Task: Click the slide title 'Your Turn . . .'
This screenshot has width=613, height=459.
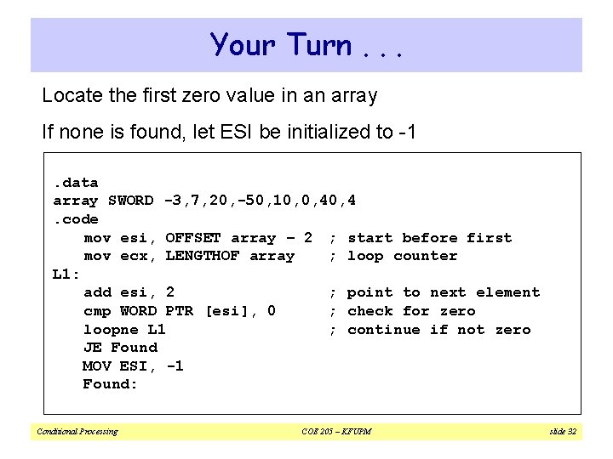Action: [306, 44]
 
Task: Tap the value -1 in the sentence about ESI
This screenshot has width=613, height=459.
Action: [404, 132]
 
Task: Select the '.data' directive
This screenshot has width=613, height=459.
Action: [75, 183]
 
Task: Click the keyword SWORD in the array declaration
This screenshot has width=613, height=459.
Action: [132, 201]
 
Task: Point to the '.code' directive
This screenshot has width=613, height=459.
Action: [75, 219]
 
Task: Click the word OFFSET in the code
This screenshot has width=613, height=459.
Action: [193, 238]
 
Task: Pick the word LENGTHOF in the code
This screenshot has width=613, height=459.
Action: [202, 256]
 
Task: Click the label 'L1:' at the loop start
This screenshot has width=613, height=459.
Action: [66, 275]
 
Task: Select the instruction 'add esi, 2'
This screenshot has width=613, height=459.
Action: [129, 292]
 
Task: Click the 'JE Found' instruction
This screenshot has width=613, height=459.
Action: [119, 348]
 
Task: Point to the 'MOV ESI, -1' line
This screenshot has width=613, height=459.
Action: [133, 365]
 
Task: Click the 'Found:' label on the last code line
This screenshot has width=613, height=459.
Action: [110, 384]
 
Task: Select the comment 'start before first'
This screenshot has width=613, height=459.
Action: [429, 238]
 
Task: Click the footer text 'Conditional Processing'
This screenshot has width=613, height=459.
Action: [77, 432]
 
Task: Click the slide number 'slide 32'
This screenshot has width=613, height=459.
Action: [562, 432]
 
